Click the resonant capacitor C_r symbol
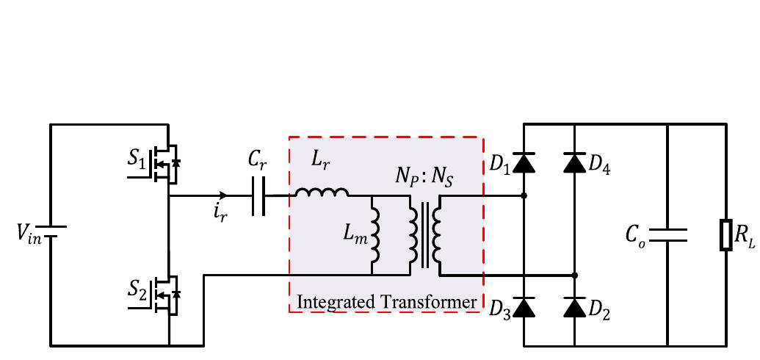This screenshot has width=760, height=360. click(257, 196)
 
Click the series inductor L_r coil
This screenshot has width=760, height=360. click(322, 192)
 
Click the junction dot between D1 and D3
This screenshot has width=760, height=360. click(524, 196)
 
